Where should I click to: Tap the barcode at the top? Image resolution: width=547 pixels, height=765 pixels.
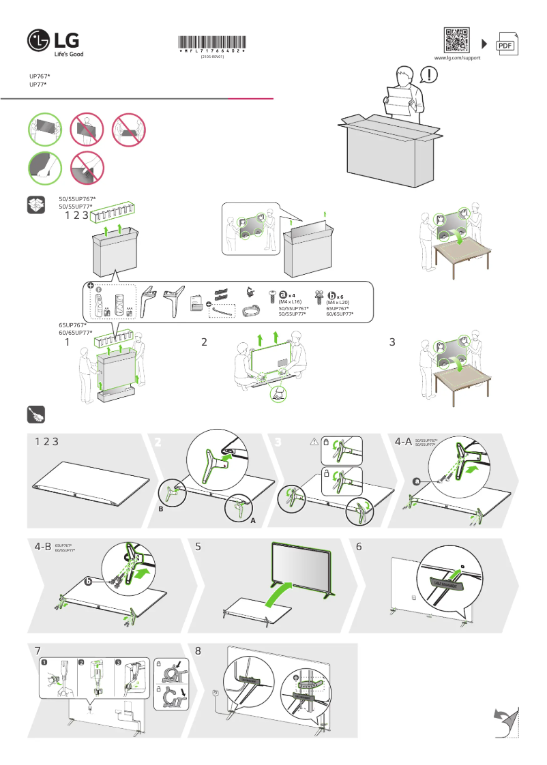[x=212, y=42]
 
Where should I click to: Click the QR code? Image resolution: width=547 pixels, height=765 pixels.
[x=457, y=40]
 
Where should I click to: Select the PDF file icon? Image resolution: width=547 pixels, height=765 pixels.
[x=505, y=44]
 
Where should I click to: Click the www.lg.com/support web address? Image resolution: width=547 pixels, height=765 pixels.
[x=458, y=59]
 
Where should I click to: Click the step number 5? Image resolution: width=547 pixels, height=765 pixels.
[x=198, y=546]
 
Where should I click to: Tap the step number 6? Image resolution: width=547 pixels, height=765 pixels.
[x=359, y=546]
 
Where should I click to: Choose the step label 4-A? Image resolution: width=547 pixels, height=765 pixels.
[x=403, y=442]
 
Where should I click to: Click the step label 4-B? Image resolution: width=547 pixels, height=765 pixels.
[x=42, y=546]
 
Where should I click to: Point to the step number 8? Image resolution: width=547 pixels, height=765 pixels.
[x=198, y=650]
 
